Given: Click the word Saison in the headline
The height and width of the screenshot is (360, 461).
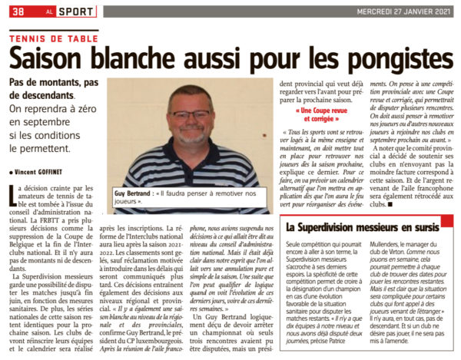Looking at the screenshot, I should pos(61,57).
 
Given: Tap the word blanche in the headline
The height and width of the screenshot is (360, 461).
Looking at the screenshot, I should pos(165,57).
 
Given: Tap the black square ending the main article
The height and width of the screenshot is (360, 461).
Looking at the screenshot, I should pos(390,206).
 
